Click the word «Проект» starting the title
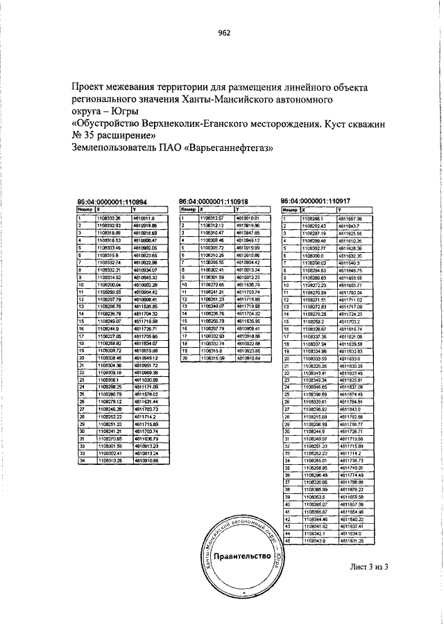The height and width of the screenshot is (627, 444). coord(90,87)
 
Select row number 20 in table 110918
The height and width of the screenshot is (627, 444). coord(185,359)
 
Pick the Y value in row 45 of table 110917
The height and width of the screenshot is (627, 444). coord(350,540)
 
